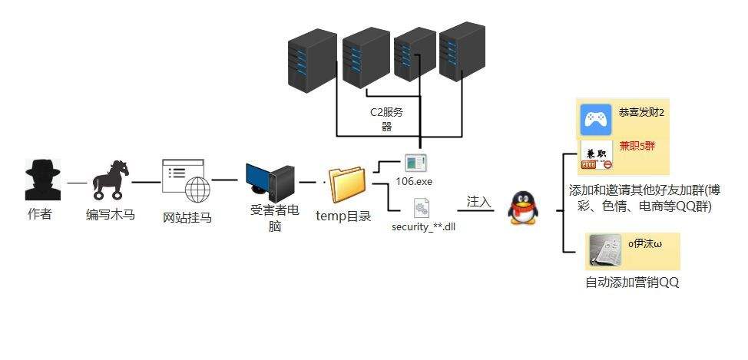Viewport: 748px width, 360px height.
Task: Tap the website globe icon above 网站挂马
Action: (x=185, y=181)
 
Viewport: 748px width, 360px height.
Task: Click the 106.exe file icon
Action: (x=416, y=163)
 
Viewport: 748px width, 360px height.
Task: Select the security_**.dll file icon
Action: (x=421, y=207)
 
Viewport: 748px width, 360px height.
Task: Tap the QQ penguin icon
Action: (x=521, y=207)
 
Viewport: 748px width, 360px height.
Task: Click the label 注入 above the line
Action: (x=478, y=201)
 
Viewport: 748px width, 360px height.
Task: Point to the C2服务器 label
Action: (x=386, y=119)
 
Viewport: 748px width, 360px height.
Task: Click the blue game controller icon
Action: (x=596, y=120)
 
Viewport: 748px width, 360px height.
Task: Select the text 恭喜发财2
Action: (x=641, y=113)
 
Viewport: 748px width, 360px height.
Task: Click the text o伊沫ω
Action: (x=644, y=244)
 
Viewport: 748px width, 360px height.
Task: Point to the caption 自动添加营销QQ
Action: (x=631, y=282)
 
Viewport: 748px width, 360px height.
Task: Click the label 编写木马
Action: (x=110, y=214)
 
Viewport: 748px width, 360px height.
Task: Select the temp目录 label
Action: (x=343, y=215)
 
